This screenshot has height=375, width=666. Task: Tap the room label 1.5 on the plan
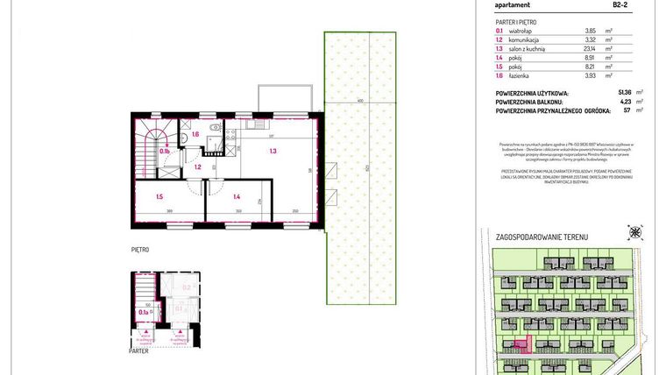click(x=159, y=198)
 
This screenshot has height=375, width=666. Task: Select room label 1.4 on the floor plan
click(x=237, y=198)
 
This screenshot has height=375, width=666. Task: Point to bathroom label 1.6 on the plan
click(x=196, y=134)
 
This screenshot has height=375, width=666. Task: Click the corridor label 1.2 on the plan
click(x=198, y=166)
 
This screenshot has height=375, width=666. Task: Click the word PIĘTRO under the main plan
click(x=141, y=250)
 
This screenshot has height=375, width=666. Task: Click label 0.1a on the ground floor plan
click(x=143, y=311)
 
